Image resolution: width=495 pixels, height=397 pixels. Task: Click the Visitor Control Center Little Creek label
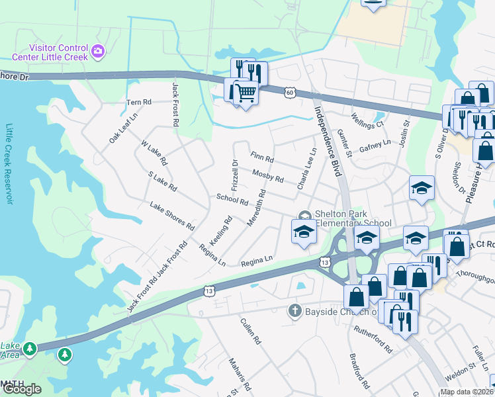click(x=58, y=52)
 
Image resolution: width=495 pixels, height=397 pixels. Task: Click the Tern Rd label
click(x=139, y=103)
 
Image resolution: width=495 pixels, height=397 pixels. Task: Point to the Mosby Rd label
click(x=267, y=175)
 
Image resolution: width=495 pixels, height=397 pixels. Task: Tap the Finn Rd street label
click(x=262, y=157)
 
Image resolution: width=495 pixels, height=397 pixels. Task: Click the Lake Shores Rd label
click(x=171, y=216)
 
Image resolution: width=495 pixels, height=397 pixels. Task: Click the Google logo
click(x=22, y=389)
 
